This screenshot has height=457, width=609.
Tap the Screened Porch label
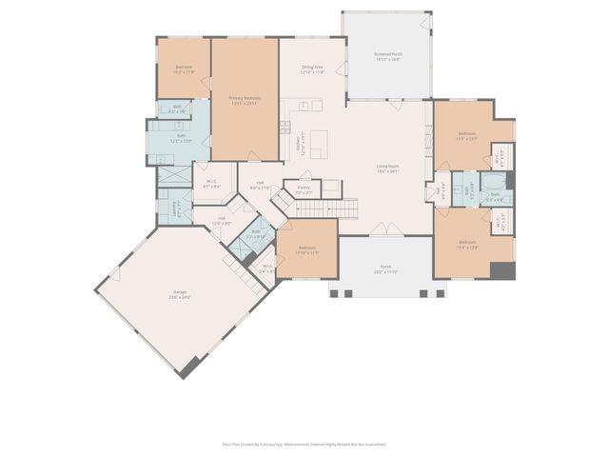(386, 56)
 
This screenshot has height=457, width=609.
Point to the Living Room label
(386, 168)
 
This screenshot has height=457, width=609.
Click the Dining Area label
(312, 69)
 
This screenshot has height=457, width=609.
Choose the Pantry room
(304, 189)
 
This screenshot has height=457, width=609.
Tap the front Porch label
(385, 269)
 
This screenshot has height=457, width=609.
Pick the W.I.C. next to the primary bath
(211, 185)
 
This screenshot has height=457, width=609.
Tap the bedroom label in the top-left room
(184, 69)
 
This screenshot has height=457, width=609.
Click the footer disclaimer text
(304, 444)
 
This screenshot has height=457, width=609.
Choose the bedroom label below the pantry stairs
(306, 250)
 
